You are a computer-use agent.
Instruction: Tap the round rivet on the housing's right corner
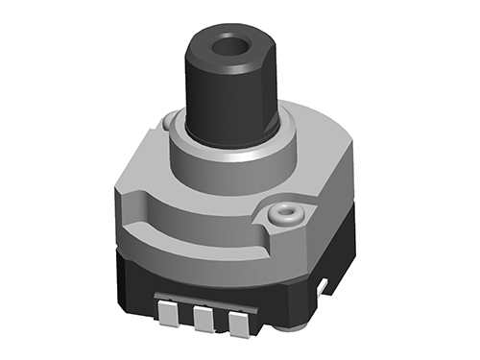point(284,213)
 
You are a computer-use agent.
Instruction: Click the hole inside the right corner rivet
point(285,210)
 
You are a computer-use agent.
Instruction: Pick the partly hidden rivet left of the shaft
point(171,121)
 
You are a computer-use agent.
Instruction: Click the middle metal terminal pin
point(203,320)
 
